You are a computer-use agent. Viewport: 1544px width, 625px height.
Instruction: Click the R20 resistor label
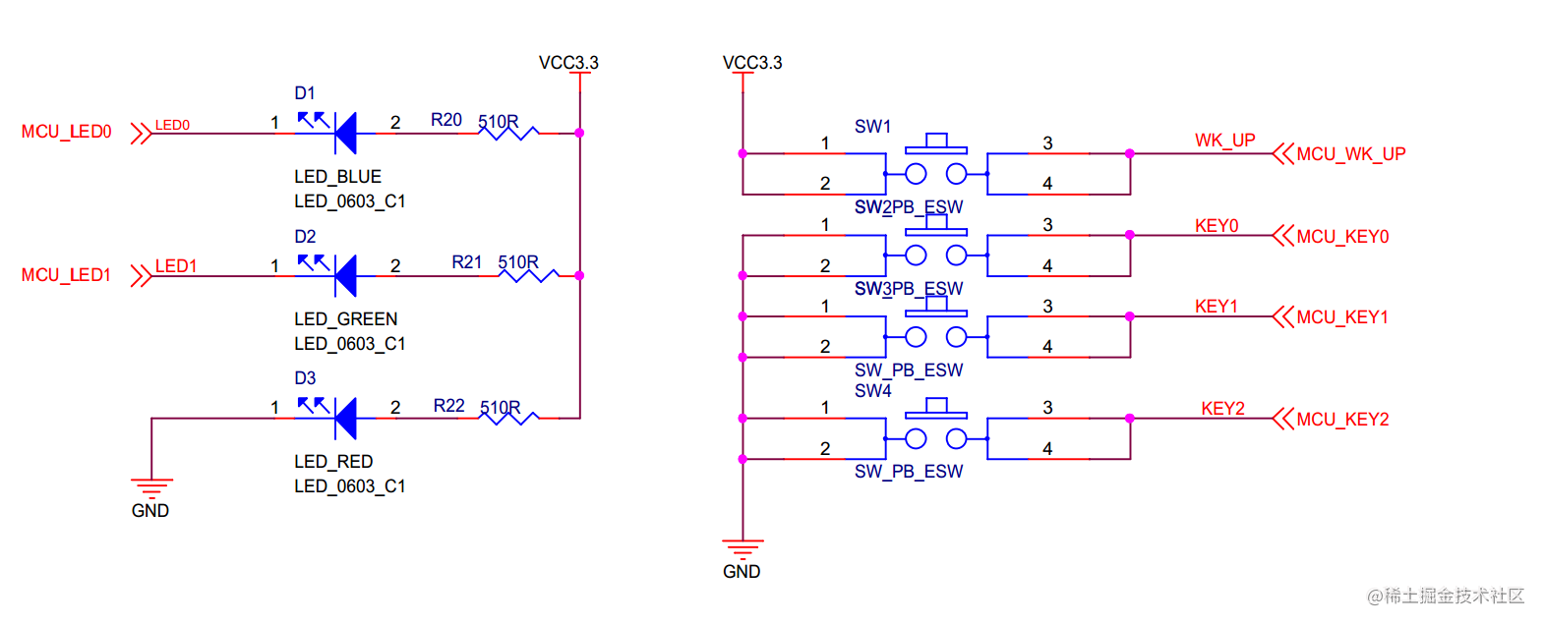(x=446, y=120)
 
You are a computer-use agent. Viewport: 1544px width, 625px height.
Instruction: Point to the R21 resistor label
(x=467, y=262)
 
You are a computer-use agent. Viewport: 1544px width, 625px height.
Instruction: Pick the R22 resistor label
(x=449, y=406)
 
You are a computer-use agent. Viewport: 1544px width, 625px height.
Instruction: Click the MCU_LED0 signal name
(x=67, y=132)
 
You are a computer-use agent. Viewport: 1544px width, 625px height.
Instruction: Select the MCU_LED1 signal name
(x=67, y=275)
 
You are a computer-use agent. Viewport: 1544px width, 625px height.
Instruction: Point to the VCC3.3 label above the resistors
(x=568, y=63)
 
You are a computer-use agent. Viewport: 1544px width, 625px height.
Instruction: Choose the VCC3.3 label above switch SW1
(x=752, y=63)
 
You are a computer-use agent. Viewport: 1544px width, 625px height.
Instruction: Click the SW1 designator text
(x=873, y=127)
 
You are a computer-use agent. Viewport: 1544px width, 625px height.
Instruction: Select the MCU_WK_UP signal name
(x=1351, y=154)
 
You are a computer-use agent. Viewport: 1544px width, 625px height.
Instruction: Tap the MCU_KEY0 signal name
(x=1342, y=237)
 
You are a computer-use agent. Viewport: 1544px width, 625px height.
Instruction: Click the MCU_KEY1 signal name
(x=1342, y=317)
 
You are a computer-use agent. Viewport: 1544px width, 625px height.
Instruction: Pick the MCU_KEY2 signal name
(x=1342, y=420)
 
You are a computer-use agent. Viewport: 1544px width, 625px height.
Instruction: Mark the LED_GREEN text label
(x=346, y=319)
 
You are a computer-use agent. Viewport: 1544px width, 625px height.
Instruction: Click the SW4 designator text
(x=873, y=391)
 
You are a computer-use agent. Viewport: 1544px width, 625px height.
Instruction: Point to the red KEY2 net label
(x=1222, y=409)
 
